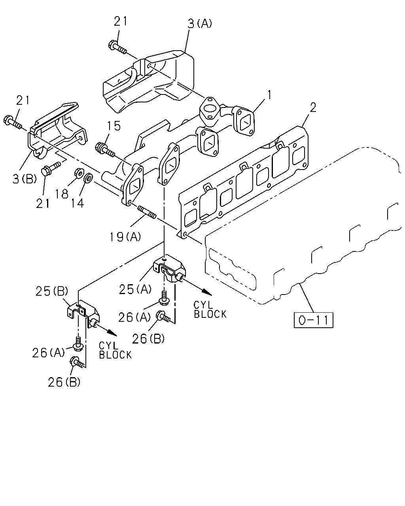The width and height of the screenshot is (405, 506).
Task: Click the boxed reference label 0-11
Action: coord(314,320)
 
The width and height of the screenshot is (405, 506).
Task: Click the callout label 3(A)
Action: coord(200,23)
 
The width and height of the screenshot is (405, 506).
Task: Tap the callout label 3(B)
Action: coord(25,179)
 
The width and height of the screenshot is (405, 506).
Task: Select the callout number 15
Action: coord(114,126)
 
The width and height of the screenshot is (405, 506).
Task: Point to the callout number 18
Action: coord(62,194)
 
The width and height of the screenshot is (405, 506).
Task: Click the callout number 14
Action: coord(78,203)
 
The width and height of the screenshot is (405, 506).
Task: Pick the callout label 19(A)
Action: coord(125,237)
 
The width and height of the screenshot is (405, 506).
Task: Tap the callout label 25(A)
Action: coord(135,289)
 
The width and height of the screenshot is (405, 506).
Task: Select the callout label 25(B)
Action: coord(52,291)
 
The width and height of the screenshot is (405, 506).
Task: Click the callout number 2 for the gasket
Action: coord(313,108)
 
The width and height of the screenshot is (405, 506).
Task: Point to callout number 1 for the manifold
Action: coord(269,95)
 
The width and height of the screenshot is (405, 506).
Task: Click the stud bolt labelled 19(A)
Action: coord(146,212)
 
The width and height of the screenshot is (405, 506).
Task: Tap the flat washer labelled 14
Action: coord(88,177)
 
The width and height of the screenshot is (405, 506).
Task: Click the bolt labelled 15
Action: coord(105,150)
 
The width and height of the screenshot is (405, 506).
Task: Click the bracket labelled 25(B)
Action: coord(82,313)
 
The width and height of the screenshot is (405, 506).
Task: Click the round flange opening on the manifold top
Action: coord(210,108)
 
